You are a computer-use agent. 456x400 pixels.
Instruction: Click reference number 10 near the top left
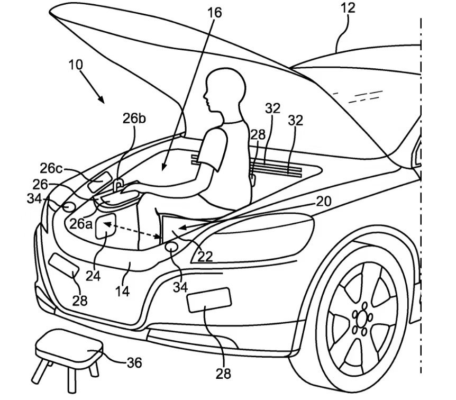click(76, 65)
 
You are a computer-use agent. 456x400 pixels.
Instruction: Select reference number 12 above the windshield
click(348, 8)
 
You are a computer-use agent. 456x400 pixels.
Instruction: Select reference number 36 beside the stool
click(134, 362)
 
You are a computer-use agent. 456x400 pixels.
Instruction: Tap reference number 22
click(205, 256)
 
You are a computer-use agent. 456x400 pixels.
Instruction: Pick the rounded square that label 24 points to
click(106, 227)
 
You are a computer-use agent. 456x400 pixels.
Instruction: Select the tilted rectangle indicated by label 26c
click(98, 183)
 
